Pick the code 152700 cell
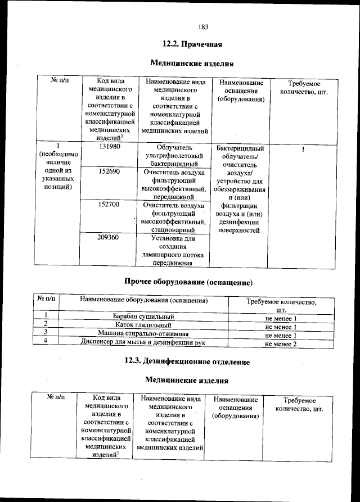(x=109, y=205)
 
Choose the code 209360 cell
(x=109, y=237)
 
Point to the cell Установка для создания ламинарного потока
(x=173, y=250)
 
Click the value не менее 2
(x=281, y=343)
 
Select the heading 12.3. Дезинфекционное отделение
(x=187, y=361)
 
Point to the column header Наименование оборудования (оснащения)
(x=144, y=301)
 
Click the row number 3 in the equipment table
(x=44, y=334)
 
